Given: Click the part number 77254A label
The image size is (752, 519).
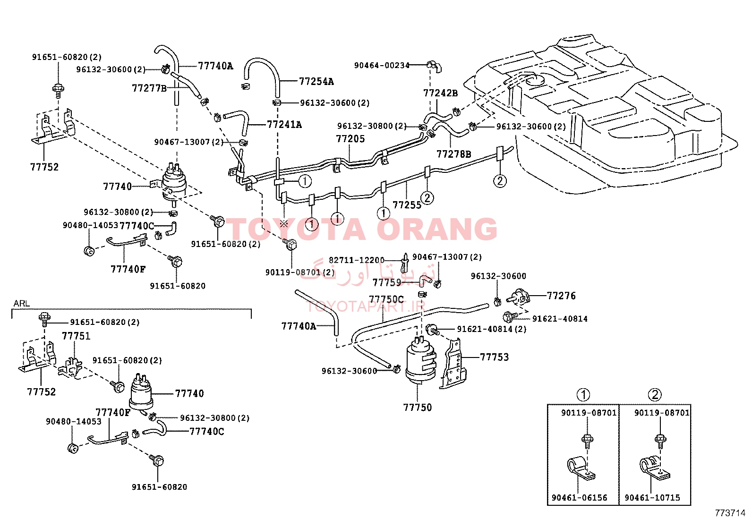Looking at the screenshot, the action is click(x=316, y=82).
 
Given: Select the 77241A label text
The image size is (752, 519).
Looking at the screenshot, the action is click(x=284, y=125).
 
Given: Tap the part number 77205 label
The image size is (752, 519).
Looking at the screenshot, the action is click(x=350, y=139).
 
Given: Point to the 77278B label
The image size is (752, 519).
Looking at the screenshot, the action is click(x=453, y=154).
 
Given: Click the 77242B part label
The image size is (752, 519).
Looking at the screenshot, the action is click(x=440, y=93).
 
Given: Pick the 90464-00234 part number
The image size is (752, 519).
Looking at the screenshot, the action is click(x=382, y=66).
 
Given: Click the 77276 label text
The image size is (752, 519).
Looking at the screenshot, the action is click(x=561, y=296).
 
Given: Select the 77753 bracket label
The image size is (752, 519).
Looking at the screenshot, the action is click(x=494, y=357).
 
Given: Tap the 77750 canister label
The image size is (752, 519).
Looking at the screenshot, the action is click(x=417, y=407).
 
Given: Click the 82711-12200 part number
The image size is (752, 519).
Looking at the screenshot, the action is click(x=357, y=260).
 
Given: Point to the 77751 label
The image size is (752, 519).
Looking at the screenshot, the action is click(x=76, y=336).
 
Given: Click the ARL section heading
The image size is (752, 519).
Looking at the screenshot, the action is click(x=21, y=304).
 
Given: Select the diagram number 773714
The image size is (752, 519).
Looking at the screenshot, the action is click(x=730, y=513).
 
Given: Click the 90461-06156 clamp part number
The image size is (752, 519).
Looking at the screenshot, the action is click(x=580, y=498).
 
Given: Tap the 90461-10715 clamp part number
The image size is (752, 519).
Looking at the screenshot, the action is click(x=652, y=498).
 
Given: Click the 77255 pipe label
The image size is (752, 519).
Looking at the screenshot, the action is click(x=407, y=205).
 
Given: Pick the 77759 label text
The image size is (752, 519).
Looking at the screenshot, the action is click(x=387, y=283).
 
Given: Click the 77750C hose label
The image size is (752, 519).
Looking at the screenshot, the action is click(x=386, y=299).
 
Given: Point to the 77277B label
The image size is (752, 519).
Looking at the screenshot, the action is click(x=149, y=88).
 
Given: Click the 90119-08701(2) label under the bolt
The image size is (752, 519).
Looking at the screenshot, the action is click(x=300, y=272).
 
